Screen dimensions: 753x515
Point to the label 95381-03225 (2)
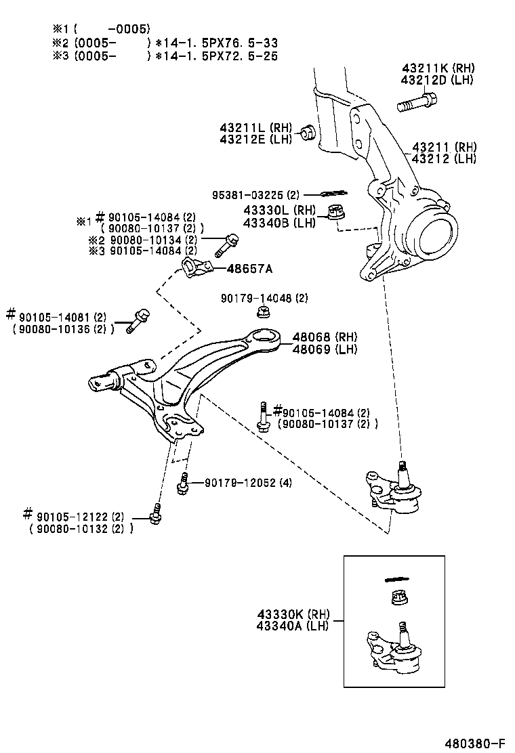(x=255, y=194)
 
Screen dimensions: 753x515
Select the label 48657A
(x=249, y=269)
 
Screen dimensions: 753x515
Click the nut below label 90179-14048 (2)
(x=264, y=311)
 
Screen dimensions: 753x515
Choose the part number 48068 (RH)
(x=325, y=337)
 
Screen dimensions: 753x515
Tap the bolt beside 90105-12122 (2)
(x=156, y=515)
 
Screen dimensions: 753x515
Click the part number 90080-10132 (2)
(x=81, y=528)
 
